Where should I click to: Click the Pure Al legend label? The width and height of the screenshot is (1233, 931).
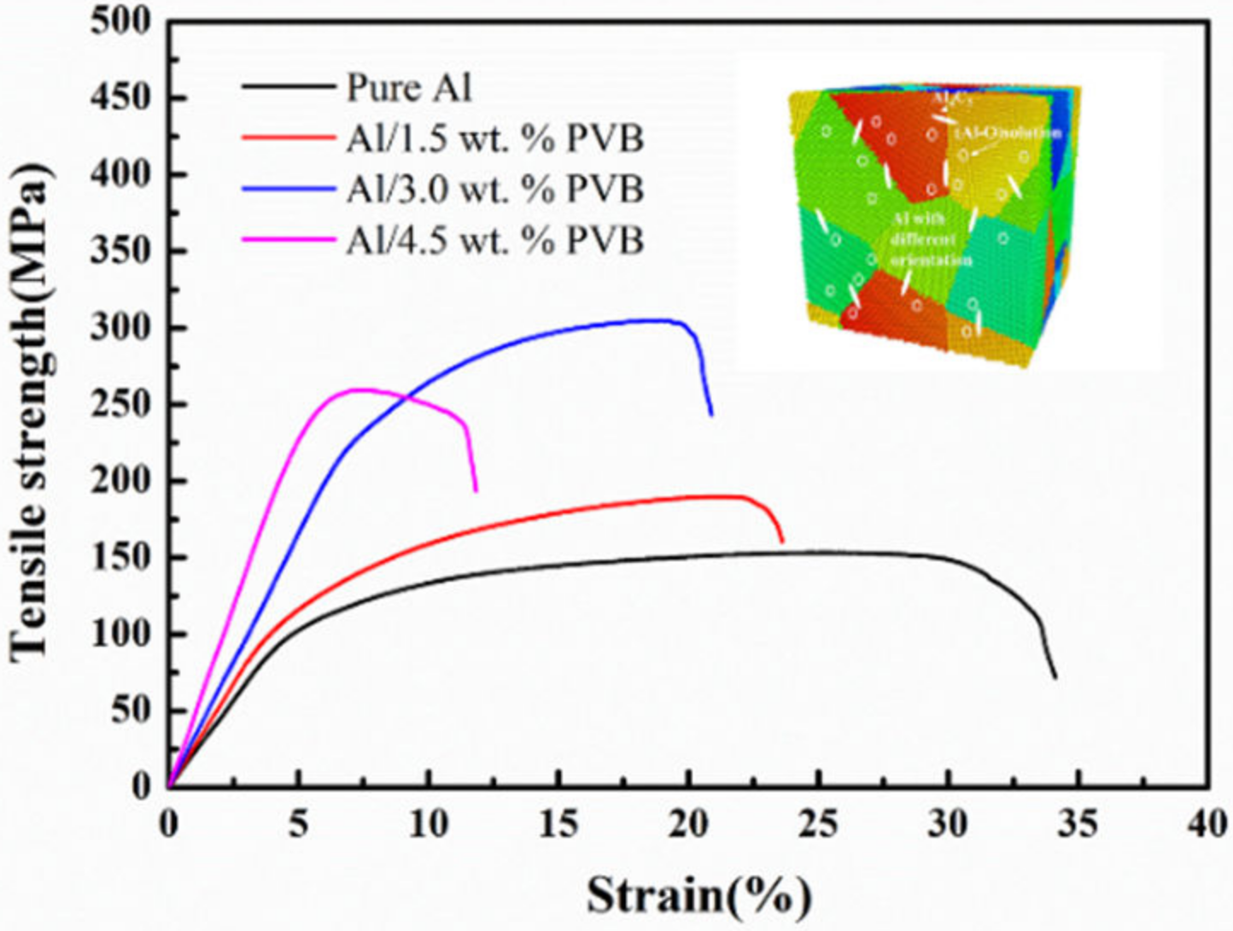point(409,88)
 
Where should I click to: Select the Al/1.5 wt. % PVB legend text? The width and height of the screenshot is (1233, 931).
point(494,138)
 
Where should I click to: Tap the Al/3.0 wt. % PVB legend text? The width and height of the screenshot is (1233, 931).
point(494,189)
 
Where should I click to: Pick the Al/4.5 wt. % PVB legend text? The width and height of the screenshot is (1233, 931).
point(494,240)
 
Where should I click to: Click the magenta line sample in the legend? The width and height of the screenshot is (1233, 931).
point(287,240)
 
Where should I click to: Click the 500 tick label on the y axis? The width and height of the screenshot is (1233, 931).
point(121,22)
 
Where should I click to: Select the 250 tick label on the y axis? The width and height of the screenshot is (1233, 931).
point(121,405)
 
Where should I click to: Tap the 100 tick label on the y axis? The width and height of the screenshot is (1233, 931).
point(121,635)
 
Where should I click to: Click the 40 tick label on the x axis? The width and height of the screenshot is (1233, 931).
point(1207,824)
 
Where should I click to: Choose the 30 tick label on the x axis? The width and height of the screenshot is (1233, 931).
point(947,824)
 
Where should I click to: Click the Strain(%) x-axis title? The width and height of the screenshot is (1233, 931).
point(698,896)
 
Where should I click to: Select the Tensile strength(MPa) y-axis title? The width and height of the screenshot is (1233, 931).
point(31,410)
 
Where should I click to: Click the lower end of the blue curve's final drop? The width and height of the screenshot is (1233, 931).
point(711,415)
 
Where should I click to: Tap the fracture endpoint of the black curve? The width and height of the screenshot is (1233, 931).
point(1056,677)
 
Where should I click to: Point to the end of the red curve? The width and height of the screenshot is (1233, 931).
point(782,542)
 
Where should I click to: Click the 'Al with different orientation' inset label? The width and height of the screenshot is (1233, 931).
point(931,240)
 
